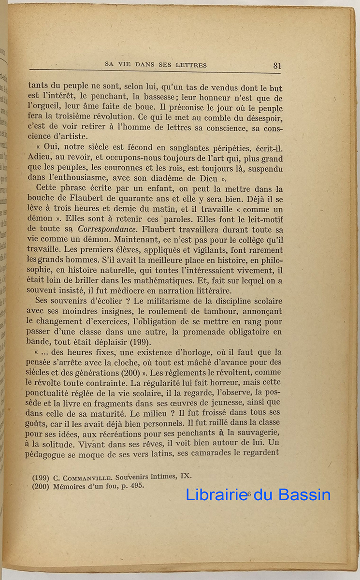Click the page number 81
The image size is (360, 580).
pyautogui.click(x=277, y=66)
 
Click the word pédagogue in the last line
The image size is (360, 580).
pyautogui.click(x=51, y=452)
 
